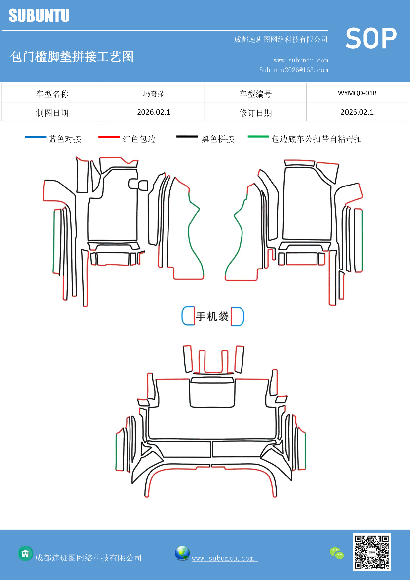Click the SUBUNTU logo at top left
pos(39,16)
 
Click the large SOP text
pos(371,39)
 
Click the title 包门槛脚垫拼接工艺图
pos(72,57)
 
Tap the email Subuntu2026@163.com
pos(293,70)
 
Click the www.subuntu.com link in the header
pos(301,61)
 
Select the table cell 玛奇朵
pos(154,94)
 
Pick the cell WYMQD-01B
pos(357,93)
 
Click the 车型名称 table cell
pos(52,94)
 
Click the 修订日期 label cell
pos(255,113)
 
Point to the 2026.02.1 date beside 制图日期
pos(154,112)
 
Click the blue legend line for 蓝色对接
pos(36,137)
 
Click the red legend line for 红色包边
pos(109,137)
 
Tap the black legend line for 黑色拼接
pos(187,136)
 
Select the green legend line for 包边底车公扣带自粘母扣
pos(258,136)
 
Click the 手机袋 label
pos(212,316)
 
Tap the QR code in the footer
pos(371,552)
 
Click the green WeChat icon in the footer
pos(337,553)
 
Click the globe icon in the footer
pos(182,553)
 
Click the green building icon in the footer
pos(25,553)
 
